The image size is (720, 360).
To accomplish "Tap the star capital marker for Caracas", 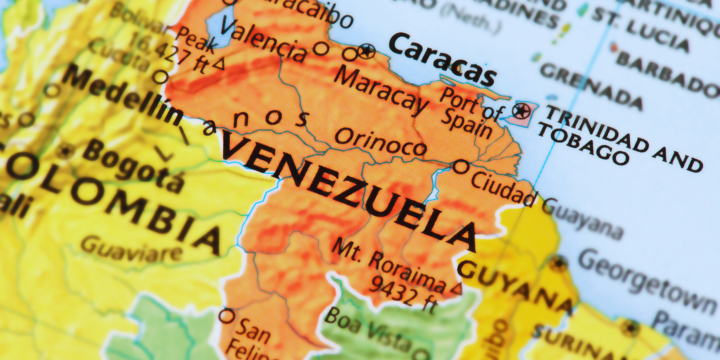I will coord(367,51).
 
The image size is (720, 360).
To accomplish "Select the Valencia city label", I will coord(264,40).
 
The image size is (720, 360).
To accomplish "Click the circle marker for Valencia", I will coord(321,49).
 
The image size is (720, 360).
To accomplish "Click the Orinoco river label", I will coord(380,142).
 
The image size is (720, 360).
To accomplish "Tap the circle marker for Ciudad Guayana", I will coord(460,167).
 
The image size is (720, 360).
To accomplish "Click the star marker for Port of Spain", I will coord(521,110).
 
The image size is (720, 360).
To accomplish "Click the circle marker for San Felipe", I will coord(227,316).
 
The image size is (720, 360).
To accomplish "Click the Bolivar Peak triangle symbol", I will coord(219,64).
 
